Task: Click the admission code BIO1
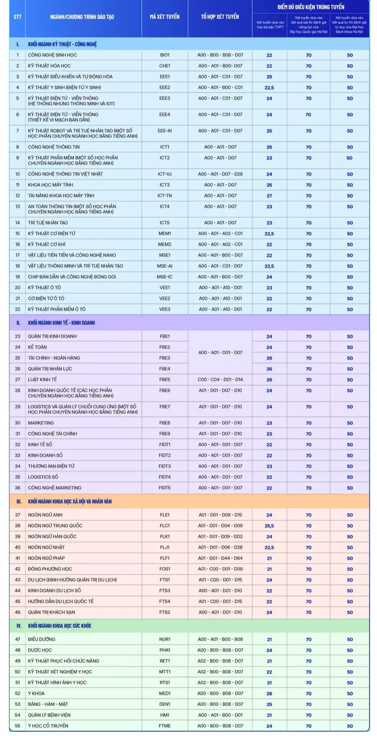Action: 165,55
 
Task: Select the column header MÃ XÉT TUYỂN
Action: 165,17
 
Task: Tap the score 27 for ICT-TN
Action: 269,196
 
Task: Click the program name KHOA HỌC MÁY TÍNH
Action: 51,185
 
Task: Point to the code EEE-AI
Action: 165,131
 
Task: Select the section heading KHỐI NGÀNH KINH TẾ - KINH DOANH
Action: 61,323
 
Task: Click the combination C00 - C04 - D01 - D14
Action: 220,379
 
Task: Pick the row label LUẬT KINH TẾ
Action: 42,379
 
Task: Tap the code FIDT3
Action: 165,466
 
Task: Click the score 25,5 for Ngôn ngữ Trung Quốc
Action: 269,526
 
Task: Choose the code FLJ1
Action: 165,547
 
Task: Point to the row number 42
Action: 18,569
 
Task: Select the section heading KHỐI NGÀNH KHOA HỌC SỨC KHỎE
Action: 60,626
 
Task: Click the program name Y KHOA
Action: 36,693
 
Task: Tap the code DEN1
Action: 165,704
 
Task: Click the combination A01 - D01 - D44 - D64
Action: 220,558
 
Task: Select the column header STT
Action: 17,17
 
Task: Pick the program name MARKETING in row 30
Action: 41,423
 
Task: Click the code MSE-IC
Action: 165,277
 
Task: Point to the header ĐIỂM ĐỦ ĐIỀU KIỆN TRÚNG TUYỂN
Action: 311,7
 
